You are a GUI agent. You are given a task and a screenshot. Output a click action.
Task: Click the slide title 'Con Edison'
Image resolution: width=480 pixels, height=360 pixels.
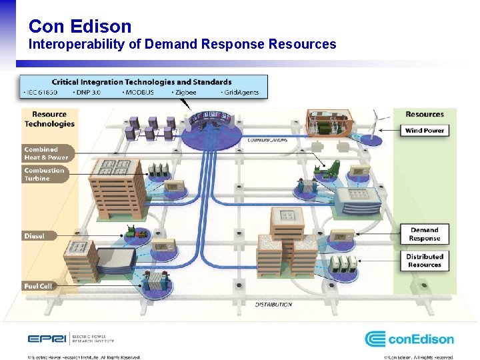point(80,26)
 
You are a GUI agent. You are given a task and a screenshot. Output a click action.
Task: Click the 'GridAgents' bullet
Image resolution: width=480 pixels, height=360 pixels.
point(239,92)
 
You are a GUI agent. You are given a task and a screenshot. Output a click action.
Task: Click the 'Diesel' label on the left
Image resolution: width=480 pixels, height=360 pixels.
point(35,236)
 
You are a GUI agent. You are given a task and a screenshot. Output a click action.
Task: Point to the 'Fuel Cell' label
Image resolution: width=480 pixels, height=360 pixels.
point(37,286)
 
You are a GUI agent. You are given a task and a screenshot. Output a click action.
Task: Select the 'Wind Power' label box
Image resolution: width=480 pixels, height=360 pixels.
point(425,131)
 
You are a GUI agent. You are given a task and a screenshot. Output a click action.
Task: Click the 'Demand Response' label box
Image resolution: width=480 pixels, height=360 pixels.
point(425,234)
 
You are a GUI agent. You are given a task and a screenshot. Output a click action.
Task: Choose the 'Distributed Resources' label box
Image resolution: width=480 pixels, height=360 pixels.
point(425,261)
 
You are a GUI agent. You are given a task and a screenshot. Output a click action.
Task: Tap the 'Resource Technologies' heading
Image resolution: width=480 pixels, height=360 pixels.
point(49,119)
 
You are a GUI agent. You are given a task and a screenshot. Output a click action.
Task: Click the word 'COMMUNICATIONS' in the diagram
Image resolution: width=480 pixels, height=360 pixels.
point(267,140)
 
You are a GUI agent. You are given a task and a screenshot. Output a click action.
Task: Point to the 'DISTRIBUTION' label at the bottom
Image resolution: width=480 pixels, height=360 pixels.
point(273,304)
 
